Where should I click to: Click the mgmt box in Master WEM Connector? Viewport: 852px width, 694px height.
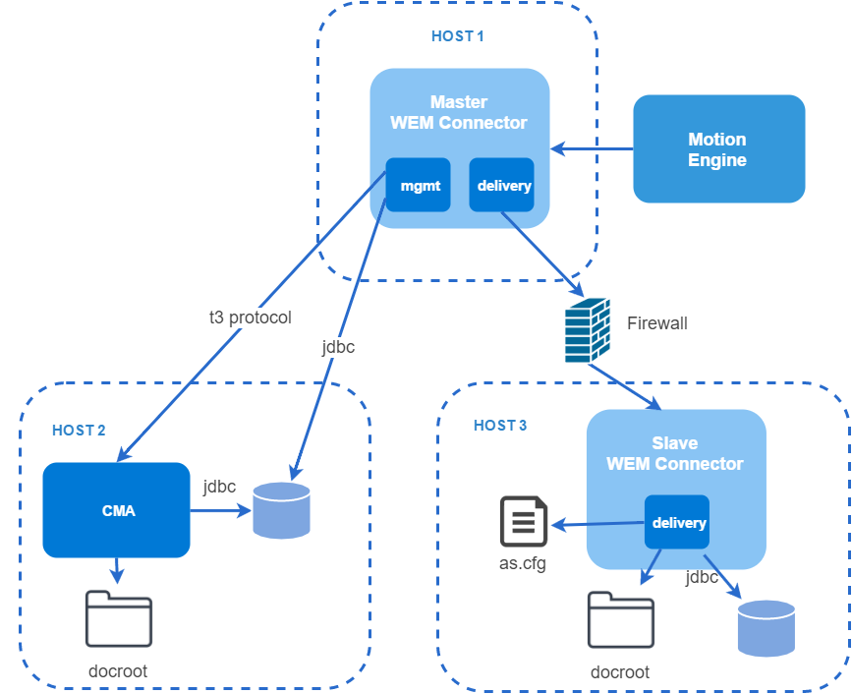pyautogui.click(x=418, y=185)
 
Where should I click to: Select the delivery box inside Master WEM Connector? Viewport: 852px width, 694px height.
pyautogui.click(x=501, y=185)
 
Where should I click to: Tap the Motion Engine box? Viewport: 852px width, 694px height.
pyautogui.click(x=719, y=148)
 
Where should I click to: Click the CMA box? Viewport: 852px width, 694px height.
pyautogui.click(x=116, y=510)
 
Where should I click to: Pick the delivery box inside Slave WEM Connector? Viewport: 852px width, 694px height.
pyautogui.click(x=677, y=522)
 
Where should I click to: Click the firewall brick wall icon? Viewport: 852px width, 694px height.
pyautogui.click(x=588, y=330)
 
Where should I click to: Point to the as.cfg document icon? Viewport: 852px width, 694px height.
pyautogui.click(x=523, y=521)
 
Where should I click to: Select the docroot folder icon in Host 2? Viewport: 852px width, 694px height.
pyautogui.click(x=119, y=619)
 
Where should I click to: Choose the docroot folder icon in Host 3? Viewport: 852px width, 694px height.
pyautogui.click(x=620, y=620)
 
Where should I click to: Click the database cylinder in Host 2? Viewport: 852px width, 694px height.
pyautogui.click(x=281, y=510)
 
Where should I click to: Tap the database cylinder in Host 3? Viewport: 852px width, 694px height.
pyautogui.click(x=767, y=628)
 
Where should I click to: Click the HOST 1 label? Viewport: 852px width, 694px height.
pyautogui.click(x=458, y=36)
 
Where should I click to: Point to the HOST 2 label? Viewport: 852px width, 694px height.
pyautogui.click(x=79, y=431)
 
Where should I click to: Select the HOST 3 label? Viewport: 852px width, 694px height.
pyautogui.click(x=500, y=426)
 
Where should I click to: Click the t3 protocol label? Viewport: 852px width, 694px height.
pyautogui.click(x=251, y=318)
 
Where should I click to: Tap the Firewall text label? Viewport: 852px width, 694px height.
pyautogui.click(x=656, y=323)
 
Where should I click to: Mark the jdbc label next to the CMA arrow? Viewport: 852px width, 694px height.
pyautogui.click(x=219, y=487)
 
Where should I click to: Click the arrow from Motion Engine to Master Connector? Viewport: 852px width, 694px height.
pyautogui.click(x=592, y=148)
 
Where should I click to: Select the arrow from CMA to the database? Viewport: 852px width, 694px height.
pyautogui.click(x=220, y=510)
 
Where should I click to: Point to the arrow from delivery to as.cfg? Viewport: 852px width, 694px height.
pyautogui.click(x=597, y=524)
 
